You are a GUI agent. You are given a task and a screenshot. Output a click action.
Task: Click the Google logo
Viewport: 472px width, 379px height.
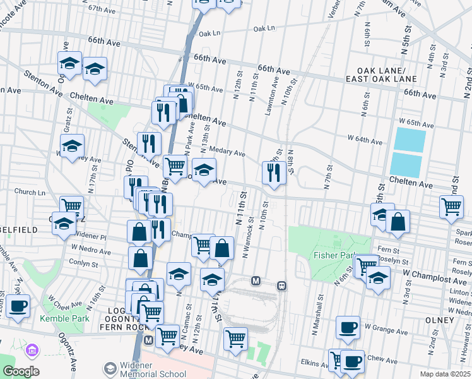pos(20,371)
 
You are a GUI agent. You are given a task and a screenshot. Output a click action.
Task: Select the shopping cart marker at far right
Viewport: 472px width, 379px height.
pos(452,207)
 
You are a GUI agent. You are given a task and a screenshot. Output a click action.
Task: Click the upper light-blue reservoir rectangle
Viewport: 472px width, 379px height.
pos(410,139)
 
